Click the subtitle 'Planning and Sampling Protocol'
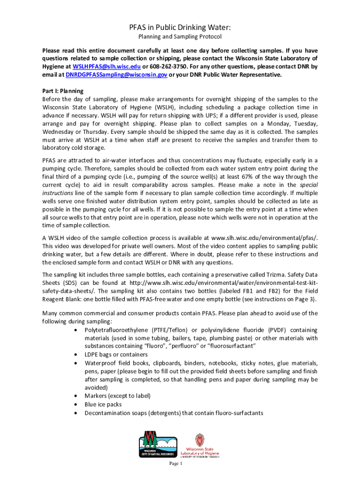[x=180, y=37]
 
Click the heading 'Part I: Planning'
[x=63, y=91]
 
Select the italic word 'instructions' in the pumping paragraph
[x=58, y=193]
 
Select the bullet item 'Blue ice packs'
[x=103, y=404]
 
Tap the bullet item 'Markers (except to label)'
[x=117, y=396]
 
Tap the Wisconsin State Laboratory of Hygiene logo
[x=200, y=446]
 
